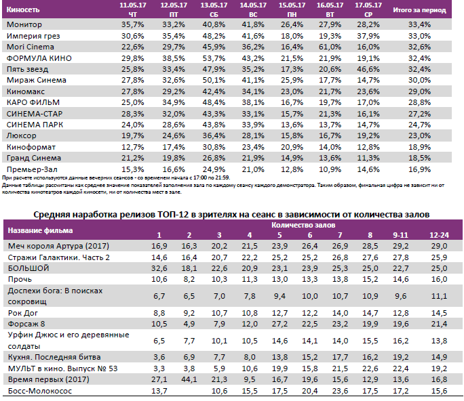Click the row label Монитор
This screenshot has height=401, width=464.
(x=24, y=25)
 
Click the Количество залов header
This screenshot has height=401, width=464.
(x=303, y=224)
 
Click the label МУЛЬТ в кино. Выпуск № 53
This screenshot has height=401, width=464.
(x=62, y=368)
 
